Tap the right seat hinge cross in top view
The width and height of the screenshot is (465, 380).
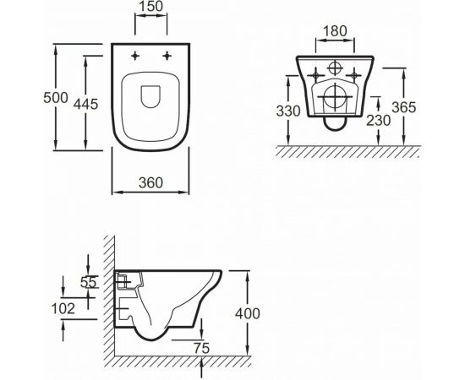[x=170, y=57]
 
